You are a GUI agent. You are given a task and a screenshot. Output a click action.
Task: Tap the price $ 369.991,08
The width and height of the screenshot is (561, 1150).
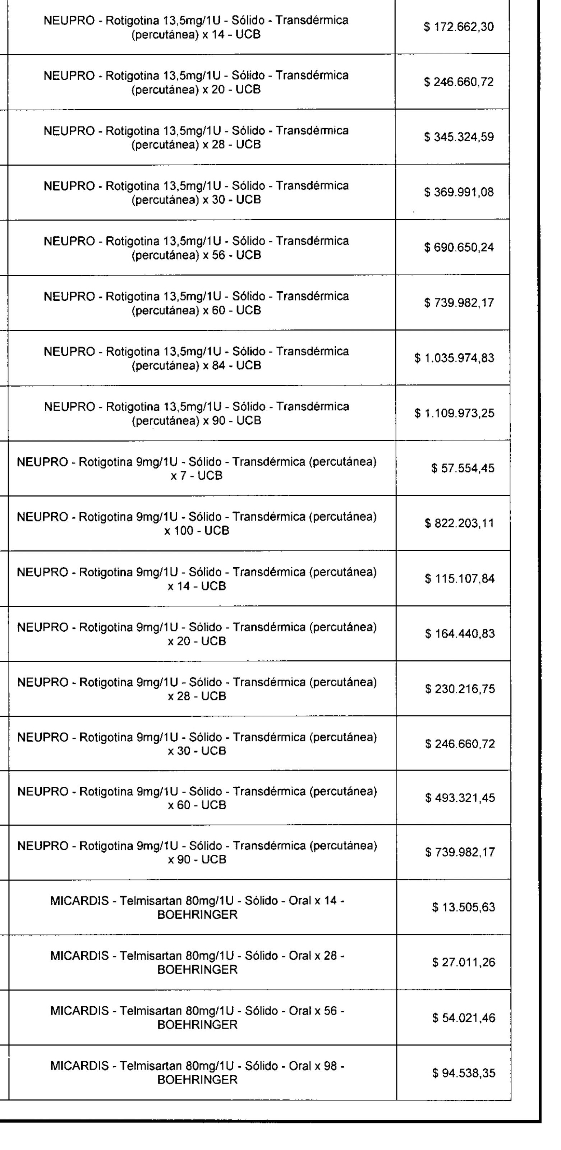pyautogui.click(x=459, y=193)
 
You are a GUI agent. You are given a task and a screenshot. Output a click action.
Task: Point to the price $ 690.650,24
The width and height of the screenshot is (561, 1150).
pyautogui.click(x=459, y=248)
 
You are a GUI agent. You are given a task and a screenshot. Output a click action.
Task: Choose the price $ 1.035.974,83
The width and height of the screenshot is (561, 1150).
pyautogui.click(x=454, y=358)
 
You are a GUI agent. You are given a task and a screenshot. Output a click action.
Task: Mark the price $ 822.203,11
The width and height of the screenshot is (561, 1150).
pyautogui.click(x=459, y=523)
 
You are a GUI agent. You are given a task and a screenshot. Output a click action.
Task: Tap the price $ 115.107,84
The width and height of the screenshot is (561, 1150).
pyautogui.click(x=459, y=579)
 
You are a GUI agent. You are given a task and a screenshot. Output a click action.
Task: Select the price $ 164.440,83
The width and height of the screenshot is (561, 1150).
pyautogui.click(x=459, y=634)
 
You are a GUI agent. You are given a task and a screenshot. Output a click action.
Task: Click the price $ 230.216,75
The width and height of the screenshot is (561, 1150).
pyautogui.click(x=459, y=689)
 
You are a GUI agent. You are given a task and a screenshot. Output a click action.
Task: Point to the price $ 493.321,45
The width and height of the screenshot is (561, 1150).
pyautogui.click(x=459, y=798)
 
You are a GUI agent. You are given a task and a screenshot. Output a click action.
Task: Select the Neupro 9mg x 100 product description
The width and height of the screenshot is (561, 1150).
pyautogui.click(x=197, y=523)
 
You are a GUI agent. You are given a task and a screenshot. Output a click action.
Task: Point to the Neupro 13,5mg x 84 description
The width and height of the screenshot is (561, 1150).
pyautogui.click(x=197, y=358)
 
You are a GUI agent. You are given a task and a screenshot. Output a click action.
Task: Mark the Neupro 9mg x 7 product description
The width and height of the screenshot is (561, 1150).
pyautogui.click(x=197, y=469)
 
